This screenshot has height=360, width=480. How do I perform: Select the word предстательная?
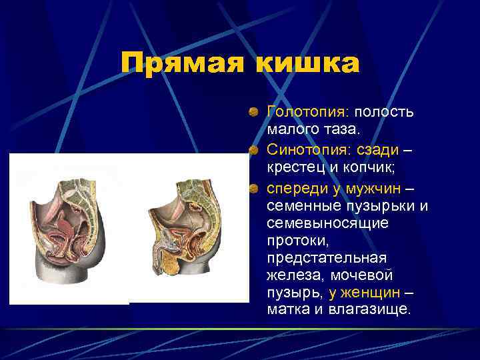(x=326, y=257)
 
